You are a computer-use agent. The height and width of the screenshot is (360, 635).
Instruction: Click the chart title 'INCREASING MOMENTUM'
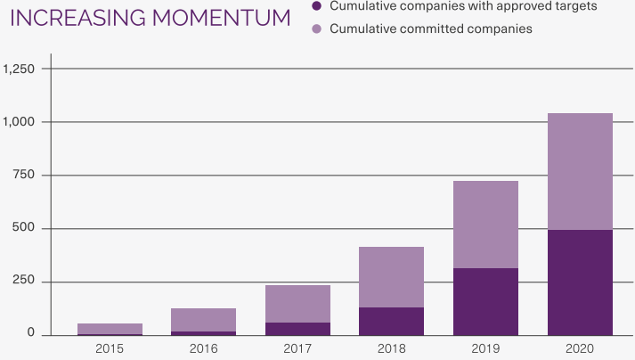tap(149, 17)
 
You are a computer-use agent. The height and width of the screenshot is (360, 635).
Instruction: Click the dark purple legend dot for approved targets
tap(316, 6)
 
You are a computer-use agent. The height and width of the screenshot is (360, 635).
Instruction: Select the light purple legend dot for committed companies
tap(316, 29)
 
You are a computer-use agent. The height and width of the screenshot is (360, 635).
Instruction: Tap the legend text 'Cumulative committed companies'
tap(431, 29)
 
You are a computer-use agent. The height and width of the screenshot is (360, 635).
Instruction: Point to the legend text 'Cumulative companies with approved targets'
tap(463, 6)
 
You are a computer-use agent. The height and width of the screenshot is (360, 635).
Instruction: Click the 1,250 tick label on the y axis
tap(19, 69)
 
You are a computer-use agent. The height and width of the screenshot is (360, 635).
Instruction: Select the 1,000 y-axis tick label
tap(19, 121)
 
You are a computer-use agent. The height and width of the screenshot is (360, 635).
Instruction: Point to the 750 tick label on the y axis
tap(24, 175)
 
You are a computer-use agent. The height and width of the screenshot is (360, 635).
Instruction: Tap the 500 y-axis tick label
tap(24, 228)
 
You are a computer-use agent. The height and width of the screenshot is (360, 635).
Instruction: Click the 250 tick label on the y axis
tap(24, 282)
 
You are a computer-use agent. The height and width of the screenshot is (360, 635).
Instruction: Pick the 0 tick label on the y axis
tap(31, 334)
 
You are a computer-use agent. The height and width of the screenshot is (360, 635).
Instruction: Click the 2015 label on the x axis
tap(110, 348)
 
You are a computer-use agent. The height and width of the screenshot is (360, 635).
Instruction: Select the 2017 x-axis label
tap(297, 348)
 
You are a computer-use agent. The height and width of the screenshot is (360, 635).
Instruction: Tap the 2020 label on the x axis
tap(580, 348)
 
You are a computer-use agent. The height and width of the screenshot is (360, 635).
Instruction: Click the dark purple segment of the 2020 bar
tap(580, 282)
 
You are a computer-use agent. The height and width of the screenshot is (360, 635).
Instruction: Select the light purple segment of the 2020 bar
tap(580, 171)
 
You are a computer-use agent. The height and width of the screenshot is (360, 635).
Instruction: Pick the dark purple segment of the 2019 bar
tap(485, 301)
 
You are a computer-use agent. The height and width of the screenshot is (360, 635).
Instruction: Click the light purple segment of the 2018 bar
tap(391, 277)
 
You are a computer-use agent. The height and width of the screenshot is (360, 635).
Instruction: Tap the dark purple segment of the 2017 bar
tap(297, 329)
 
